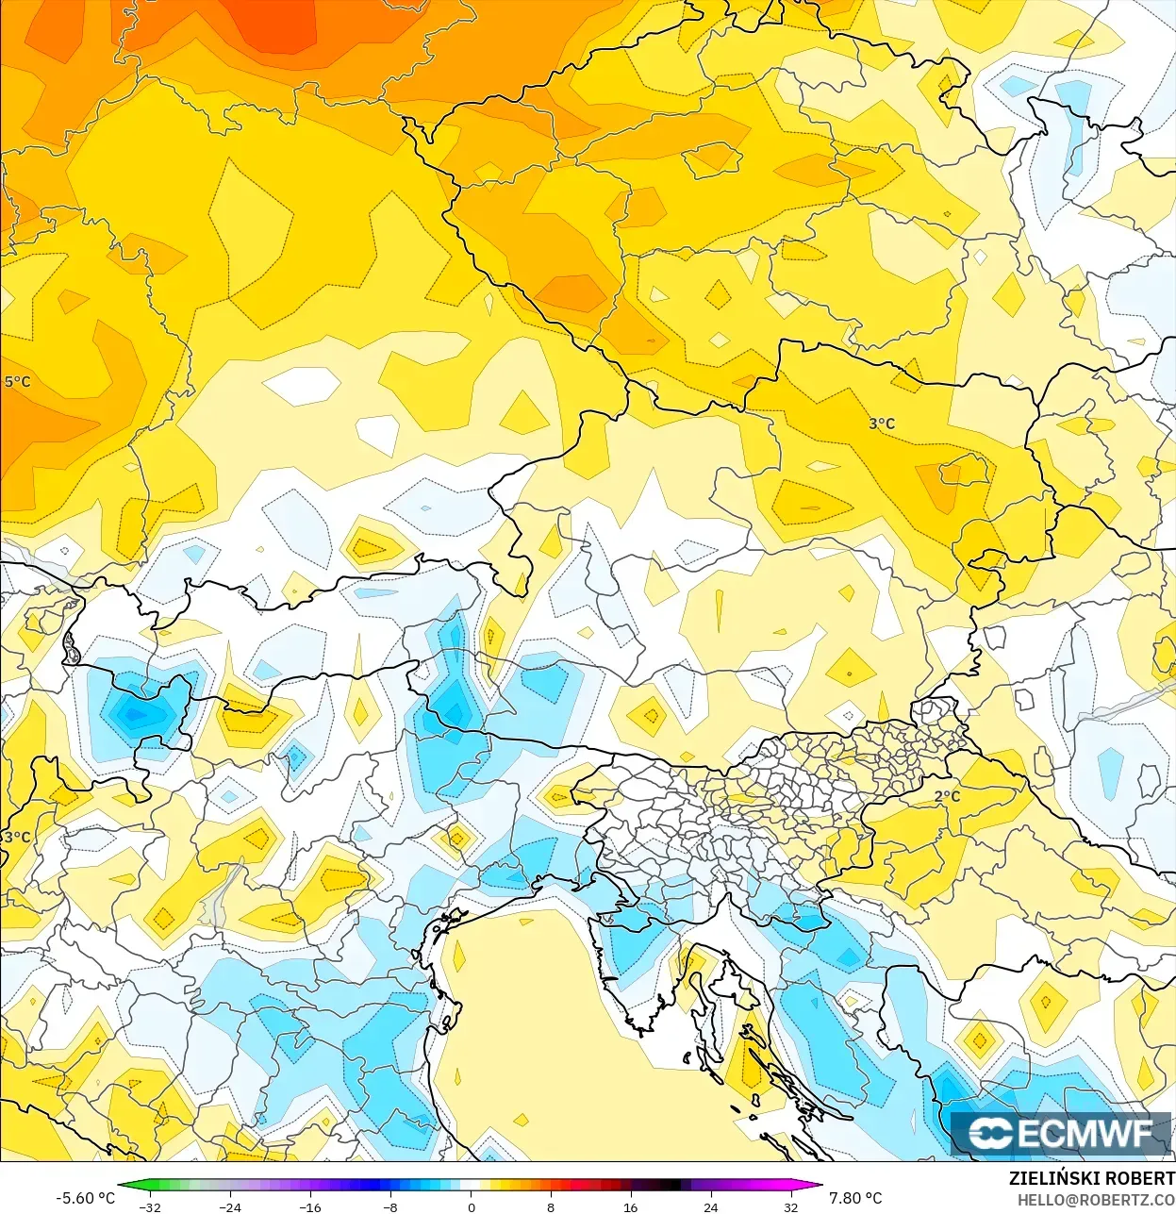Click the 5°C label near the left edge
pos(17,382)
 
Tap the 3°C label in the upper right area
pos(882,424)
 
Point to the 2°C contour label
pos(947,796)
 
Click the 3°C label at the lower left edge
pos(17,837)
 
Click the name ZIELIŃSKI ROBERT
pos(1091,1178)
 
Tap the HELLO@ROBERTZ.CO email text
pos(1096,1200)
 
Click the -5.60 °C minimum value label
pos(86,1198)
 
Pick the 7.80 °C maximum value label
pos(855,1198)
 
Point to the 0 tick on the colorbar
pos(471,1206)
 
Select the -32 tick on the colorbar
pos(150,1206)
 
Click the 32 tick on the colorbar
pos(790,1206)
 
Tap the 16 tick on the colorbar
pos(630,1206)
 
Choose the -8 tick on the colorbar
pos(390,1206)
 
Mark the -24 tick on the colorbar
pos(230,1206)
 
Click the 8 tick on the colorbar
pos(551,1206)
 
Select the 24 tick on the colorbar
pos(710,1206)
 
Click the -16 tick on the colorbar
pos(310,1206)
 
